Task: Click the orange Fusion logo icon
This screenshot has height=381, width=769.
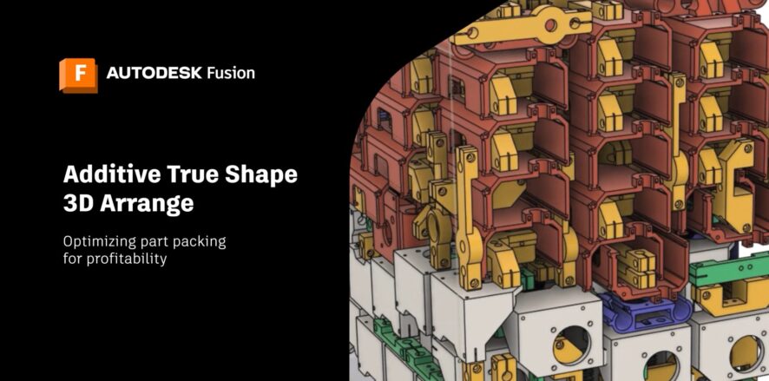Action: pos(78,75)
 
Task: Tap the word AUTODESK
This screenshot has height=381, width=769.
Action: pos(154,74)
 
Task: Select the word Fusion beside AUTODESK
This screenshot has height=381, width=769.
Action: pos(231,74)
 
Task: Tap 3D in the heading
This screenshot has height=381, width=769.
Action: pos(78,203)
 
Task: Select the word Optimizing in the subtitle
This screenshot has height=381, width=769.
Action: pos(98,243)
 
